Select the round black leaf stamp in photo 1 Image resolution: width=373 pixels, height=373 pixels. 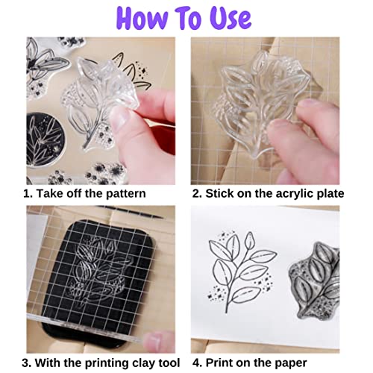pos(49,142)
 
